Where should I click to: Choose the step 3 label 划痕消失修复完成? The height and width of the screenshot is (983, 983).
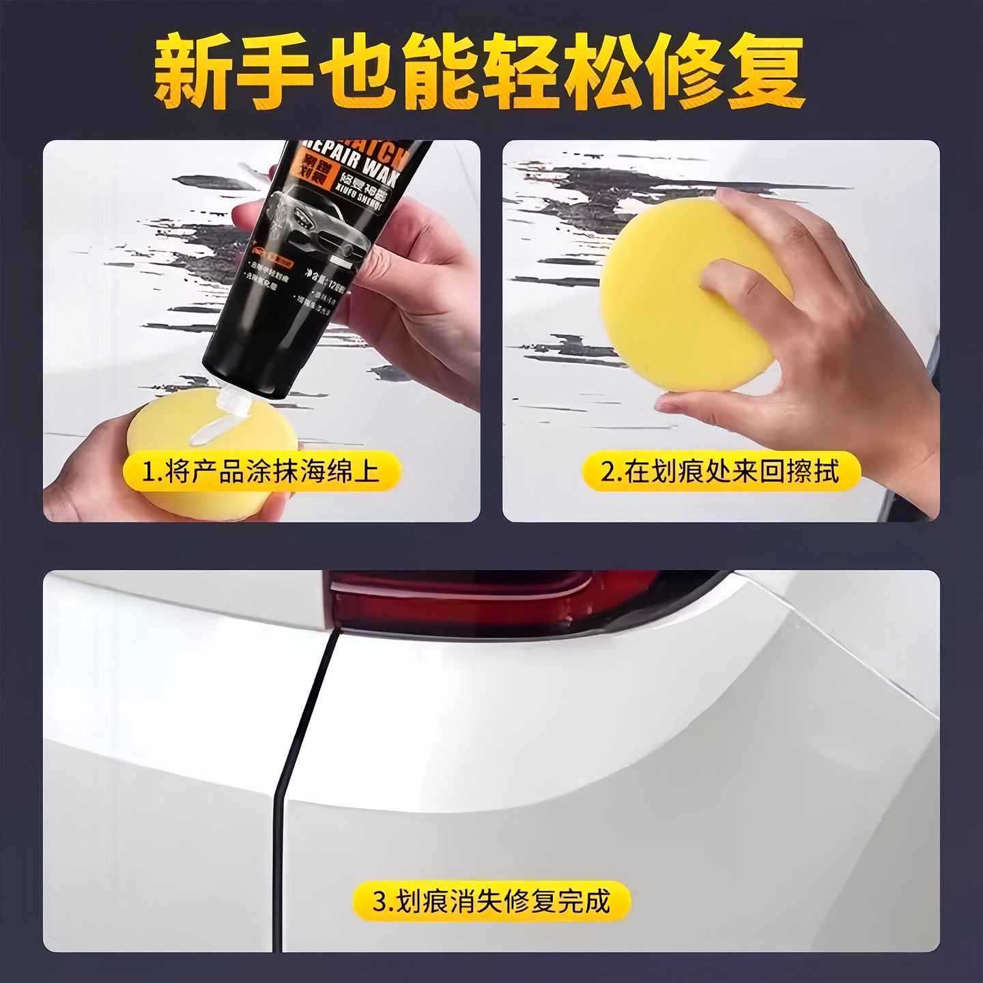tap(491, 901)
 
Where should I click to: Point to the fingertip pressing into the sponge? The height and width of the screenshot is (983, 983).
tap(717, 273)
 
